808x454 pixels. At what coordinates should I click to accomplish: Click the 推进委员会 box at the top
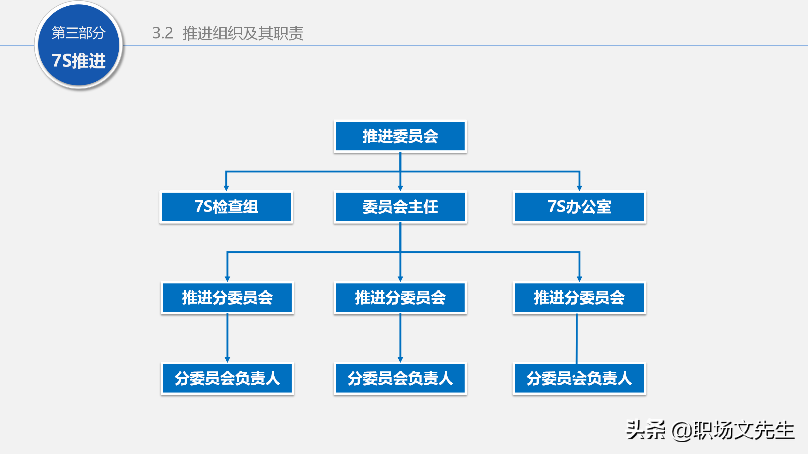point(400,136)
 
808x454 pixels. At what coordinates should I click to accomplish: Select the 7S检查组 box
point(226,207)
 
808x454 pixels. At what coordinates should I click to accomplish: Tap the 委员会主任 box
point(400,207)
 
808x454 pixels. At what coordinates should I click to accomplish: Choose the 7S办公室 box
point(579,207)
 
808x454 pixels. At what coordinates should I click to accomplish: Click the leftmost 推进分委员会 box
point(227,298)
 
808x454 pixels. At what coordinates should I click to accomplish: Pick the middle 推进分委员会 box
point(400,298)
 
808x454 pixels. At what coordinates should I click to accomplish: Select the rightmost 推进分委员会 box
point(579,298)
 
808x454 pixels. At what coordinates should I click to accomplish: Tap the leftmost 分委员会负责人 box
point(227,378)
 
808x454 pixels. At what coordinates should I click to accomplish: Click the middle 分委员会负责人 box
point(400,378)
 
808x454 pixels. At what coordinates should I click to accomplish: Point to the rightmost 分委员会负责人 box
point(579,378)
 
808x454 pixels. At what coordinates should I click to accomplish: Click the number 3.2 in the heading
point(163,33)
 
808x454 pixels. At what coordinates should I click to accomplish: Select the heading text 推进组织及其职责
point(243,33)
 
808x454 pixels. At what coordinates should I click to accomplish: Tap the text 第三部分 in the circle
point(79,33)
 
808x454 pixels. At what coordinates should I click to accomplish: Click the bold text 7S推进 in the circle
point(79,61)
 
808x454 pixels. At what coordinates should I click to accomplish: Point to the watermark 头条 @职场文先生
point(710,430)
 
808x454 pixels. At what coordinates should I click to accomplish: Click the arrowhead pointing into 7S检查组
point(226,188)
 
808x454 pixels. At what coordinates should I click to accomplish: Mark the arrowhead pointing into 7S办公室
point(579,188)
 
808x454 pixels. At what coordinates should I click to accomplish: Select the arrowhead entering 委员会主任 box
point(400,188)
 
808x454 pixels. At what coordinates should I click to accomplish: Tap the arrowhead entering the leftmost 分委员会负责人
point(227,360)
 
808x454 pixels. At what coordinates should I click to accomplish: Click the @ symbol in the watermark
point(682,431)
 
